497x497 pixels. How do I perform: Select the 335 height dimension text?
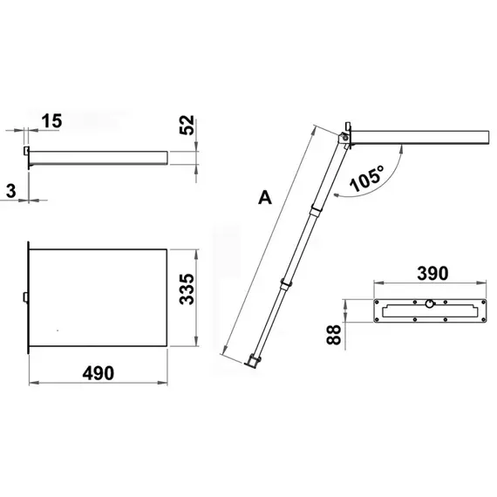point(187,288)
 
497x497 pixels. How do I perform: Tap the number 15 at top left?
point(51,120)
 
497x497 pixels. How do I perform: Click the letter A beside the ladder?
point(265,198)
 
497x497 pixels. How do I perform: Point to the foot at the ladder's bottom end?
point(253,359)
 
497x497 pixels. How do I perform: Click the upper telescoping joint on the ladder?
point(315,209)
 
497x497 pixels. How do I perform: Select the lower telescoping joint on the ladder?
point(283,284)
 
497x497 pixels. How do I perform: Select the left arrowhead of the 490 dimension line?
point(31,383)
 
